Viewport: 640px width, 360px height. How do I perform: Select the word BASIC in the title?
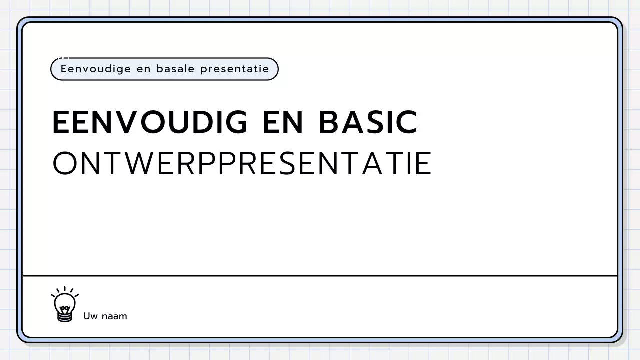point(368,122)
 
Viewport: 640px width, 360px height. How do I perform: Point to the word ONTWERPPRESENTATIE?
point(242,163)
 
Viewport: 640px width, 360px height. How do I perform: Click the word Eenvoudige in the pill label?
point(94,69)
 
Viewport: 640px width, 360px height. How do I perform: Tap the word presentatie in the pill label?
point(234,69)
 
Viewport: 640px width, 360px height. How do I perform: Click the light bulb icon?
point(65,304)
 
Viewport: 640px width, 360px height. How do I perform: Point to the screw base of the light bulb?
point(65,316)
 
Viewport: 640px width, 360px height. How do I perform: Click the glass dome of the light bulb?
point(65,302)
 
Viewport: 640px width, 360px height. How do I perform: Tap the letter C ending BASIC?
point(407,122)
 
